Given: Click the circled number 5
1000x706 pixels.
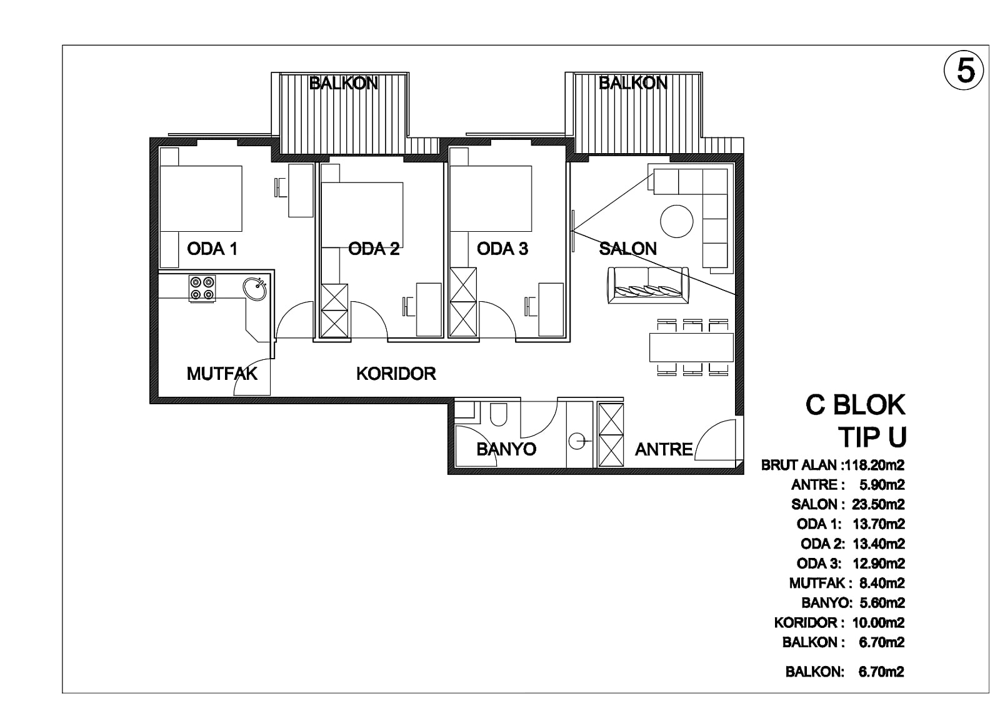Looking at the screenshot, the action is click(963, 71).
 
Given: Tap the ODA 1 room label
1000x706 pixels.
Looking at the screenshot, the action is click(212, 249).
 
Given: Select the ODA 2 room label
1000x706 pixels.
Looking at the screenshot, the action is click(374, 249).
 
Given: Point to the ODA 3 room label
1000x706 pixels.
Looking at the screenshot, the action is click(502, 249).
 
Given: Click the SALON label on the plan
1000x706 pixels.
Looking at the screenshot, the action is click(627, 249).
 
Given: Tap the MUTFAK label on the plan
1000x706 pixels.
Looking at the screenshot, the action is click(222, 374).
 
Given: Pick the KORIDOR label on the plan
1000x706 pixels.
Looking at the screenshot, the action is click(396, 374).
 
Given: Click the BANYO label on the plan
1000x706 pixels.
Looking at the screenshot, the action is click(506, 449).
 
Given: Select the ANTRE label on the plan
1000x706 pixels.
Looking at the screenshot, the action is click(664, 449).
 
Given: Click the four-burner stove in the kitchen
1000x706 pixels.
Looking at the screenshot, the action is click(202, 288).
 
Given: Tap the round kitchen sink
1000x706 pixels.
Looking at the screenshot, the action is click(255, 288).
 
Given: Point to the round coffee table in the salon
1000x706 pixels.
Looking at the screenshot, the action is click(677, 221).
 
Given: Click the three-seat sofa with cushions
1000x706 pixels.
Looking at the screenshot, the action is click(647, 286).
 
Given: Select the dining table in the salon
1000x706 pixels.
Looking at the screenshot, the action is click(691, 347).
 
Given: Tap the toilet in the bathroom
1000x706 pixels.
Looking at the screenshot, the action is click(498, 415).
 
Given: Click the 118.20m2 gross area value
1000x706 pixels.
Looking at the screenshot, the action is click(872, 465).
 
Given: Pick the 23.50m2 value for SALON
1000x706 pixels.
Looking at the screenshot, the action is click(878, 504).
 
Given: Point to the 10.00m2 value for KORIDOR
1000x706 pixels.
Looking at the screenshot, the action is click(878, 622).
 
